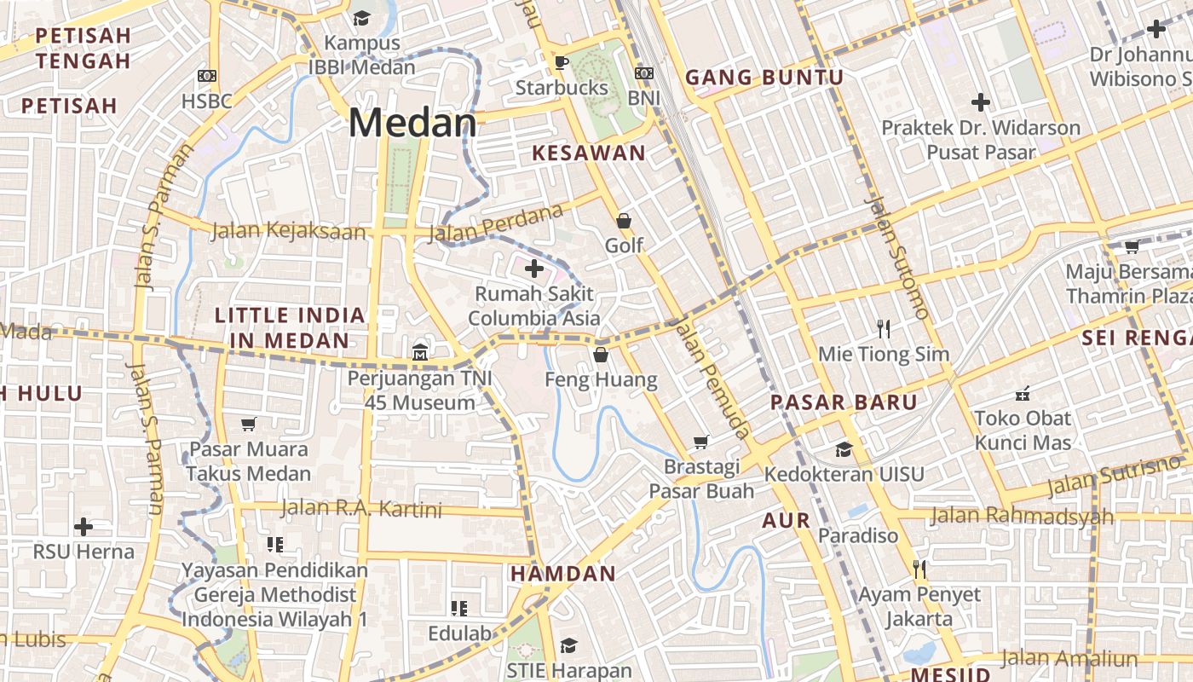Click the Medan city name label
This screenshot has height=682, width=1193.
[x=412, y=123]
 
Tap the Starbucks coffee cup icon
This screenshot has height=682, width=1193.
[x=561, y=62]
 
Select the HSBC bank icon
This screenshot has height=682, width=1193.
[x=206, y=76]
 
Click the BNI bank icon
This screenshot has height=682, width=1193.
[x=644, y=73]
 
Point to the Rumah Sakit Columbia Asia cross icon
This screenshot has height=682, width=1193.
[x=534, y=269]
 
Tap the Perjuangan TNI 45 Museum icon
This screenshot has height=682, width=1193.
[x=420, y=351]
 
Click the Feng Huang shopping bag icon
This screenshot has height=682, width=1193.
[x=601, y=355]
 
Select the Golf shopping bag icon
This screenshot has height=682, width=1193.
[x=624, y=221]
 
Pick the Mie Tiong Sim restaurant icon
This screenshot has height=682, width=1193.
[x=884, y=328]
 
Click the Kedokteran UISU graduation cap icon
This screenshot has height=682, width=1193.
[x=844, y=449]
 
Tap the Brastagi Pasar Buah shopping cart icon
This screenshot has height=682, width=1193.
[x=701, y=442]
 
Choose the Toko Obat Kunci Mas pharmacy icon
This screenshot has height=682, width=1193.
[x=1023, y=394]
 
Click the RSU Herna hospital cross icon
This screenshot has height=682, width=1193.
[x=84, y=526]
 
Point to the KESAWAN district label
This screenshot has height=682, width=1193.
[x=589, y=153]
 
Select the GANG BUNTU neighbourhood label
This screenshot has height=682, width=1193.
[x=764, y=78]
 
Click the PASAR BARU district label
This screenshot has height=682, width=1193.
[x=844, y=402]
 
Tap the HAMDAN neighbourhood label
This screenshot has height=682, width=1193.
[x=562, y=574]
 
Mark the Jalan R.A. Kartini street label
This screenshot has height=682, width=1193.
[x=361, y=510]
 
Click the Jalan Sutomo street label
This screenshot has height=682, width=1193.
[x=897, y=256]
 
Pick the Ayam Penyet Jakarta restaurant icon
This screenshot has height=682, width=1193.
[x=919, y=569]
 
